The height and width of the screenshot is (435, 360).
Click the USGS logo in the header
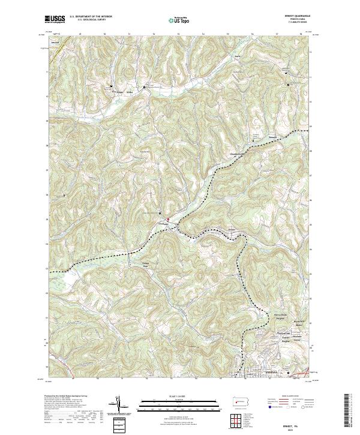tap(55, 19)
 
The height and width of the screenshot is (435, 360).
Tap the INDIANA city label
tap(256, 373)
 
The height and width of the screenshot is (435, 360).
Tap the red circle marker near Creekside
tap(169, 220)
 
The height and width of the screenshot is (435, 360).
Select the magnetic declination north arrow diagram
tap(119, 405)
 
